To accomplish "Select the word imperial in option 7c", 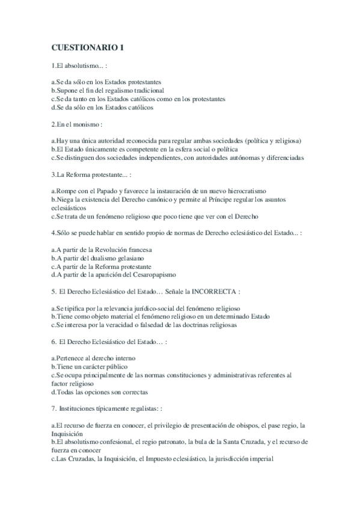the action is click(259, 459).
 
